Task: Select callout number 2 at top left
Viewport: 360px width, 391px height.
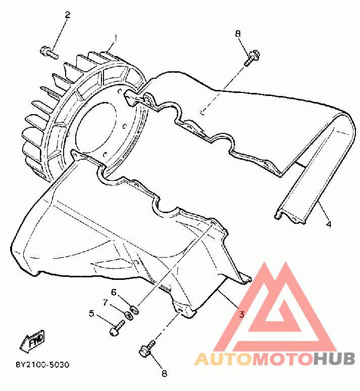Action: pyautogui.click(x=67, y=15)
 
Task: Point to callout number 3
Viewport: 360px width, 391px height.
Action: pyautogui.click(x=241, y=314)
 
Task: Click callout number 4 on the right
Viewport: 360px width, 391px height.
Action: pyautogui.click(x=328, y=224)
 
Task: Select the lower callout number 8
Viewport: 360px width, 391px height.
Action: pyautogui.click(x=164, y=374)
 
